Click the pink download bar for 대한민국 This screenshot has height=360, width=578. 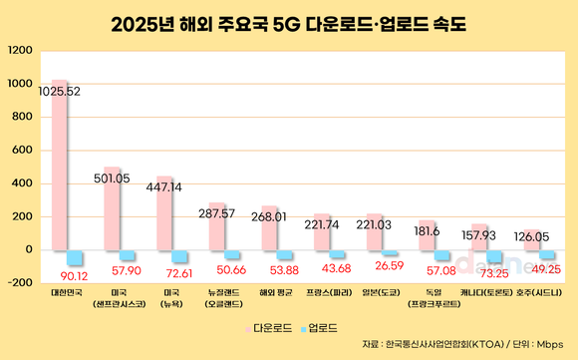(60, 170)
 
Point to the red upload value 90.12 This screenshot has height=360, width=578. (74, 276)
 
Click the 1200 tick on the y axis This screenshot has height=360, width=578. (19, 50)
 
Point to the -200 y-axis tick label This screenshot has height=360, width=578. (19, 282)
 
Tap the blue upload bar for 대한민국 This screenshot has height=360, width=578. (75, 257)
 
